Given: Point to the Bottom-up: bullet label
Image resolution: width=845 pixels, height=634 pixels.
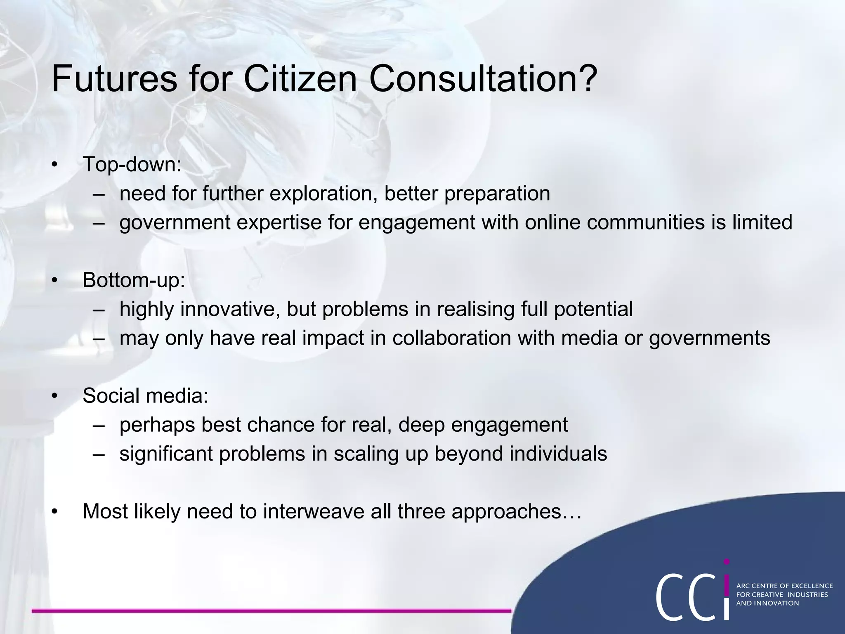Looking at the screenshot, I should click(x=134, y=280).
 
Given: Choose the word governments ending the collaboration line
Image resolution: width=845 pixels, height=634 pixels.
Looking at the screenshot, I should click(x=709, y=338).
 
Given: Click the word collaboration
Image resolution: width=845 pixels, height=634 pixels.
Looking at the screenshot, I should click(x=451, y=338).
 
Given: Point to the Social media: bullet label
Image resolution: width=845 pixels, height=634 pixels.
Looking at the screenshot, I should click(x=145, y=396).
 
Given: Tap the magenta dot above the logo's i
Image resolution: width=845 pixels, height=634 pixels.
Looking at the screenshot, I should click(x=727, y=562).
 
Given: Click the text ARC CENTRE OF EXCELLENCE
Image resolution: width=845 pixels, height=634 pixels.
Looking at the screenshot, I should click(x=784, y=586).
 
